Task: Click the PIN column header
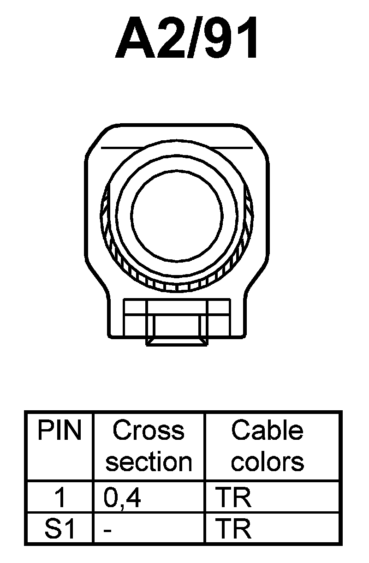click(x=59, y=431)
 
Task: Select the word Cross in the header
click(x=148, y=431)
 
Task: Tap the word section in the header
click(x=149, y=461)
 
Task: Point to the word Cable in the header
click(x=267, y=431)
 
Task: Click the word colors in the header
click(x=268, y=461)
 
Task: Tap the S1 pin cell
click(x=60, y=530)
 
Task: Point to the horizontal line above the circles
click(x=177, y=148)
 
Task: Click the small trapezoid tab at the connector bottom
click(x=177, y=341)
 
